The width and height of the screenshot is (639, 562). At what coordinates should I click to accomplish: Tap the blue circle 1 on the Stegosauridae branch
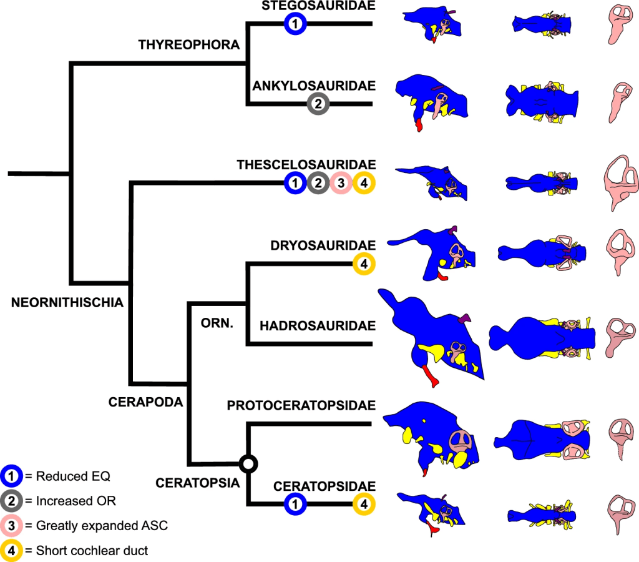tap(295, 24)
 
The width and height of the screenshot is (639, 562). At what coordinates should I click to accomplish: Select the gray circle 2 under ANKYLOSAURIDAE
tap(318, 104)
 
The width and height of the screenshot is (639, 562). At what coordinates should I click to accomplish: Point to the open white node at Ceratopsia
tap(248, 463)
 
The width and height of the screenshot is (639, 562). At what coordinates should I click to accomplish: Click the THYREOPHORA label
tap(188, 45)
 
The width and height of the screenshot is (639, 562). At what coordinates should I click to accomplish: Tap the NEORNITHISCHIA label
tap(67, 303)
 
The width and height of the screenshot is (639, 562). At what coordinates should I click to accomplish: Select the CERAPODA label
tap(145, 402)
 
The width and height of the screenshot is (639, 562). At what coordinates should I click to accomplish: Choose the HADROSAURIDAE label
tap(318, 325)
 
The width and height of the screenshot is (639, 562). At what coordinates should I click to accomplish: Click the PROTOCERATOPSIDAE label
tap(301, 406)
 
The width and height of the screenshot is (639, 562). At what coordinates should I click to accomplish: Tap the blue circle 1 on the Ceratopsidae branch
tap(295, 504)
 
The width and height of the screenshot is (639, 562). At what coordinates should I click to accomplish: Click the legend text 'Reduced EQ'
tap(73, 476)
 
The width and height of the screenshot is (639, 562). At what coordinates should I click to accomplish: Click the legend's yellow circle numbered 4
tap(12, 550)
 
